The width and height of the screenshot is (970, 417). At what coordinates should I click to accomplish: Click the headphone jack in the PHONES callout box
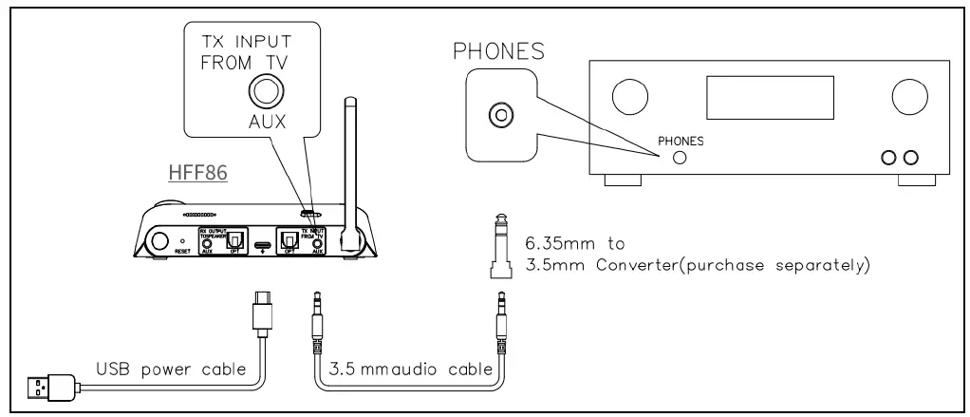click(496, 116)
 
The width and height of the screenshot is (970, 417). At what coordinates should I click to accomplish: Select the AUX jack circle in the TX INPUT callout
click(263, 93)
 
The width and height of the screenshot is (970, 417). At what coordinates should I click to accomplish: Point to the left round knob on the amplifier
click(628, 96)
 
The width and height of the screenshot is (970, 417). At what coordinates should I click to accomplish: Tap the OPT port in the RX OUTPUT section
click(231, 238)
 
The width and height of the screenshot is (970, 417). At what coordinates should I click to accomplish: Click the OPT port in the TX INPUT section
click(288, 238)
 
